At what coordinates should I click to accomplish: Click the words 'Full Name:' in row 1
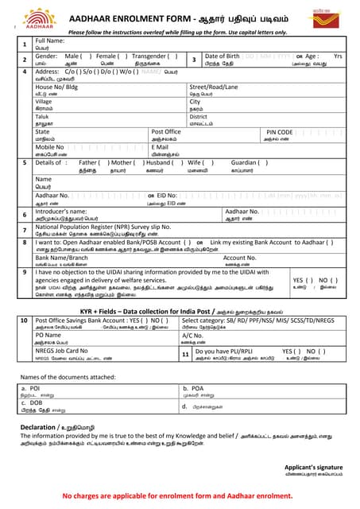49,41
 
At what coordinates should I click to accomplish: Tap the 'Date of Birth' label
226,56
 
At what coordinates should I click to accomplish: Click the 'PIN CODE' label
280,132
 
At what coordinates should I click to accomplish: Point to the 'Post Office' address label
166,132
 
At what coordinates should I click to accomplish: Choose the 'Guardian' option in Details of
246,162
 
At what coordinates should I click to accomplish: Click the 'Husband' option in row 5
160,162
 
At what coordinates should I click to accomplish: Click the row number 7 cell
24,230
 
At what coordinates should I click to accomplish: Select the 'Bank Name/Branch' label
61,258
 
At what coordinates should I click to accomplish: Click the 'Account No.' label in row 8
239,258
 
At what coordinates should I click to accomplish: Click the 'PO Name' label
48,335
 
